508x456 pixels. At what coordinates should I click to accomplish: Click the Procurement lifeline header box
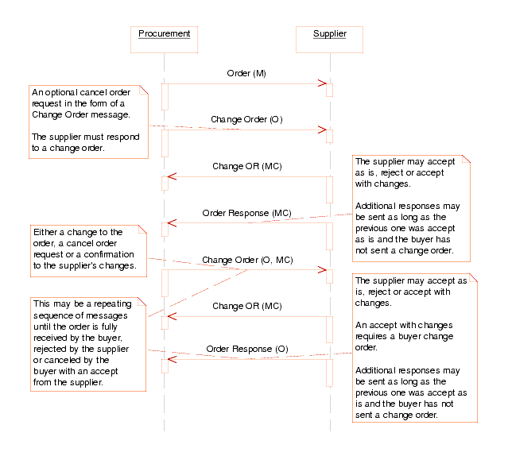click(164, 33)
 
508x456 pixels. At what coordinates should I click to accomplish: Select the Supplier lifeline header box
click(329, 33)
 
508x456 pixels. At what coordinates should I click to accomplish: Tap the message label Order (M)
click(246, 74)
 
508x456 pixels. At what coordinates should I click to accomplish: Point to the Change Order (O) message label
click(246, 120)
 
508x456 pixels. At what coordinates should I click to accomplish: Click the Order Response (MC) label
click(246, 214)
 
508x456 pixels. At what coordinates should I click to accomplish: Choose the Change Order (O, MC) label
click(247, 260)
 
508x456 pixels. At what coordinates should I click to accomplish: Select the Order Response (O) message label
click(247, 349)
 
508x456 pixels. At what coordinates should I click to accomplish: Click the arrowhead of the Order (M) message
click(323, 83)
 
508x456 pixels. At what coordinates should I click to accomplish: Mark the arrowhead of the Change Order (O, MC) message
click(323, 269)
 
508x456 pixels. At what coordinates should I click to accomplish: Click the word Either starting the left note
click(45, 232)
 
